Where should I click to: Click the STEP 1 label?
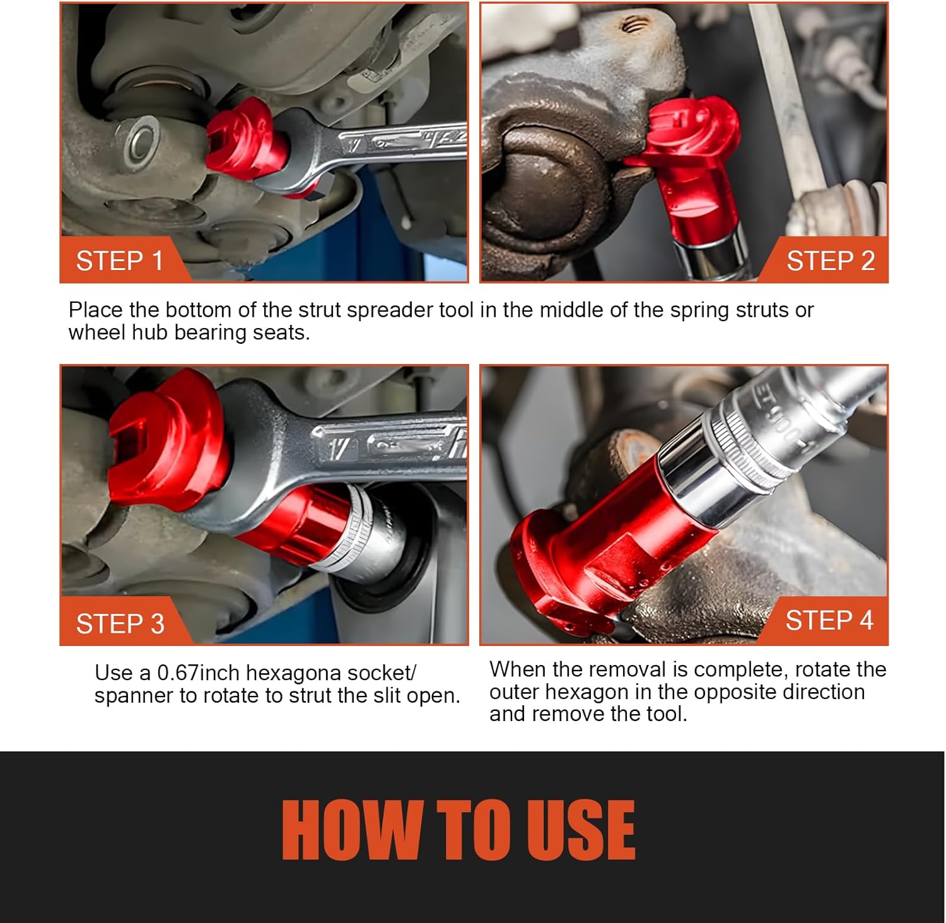[120, 261]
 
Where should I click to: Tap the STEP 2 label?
[831, 261]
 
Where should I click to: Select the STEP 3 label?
[120, 624]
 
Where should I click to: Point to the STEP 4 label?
[829, 620]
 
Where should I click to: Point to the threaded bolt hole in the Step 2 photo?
[633, 26]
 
